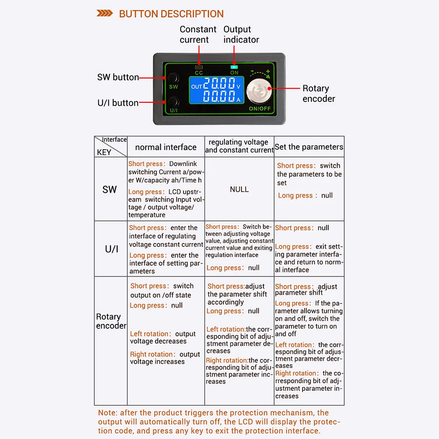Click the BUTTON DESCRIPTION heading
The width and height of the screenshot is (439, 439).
(x=171, y=14)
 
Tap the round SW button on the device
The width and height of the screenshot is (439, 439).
(x=173, y=79)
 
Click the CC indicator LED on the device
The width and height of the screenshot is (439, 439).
(x=199, y=68)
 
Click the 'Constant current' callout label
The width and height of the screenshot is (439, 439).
(x=198, y=34)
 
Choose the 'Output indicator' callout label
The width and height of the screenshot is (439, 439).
(x=241, y=34)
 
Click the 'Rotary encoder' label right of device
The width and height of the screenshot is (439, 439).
(x=318, y=94)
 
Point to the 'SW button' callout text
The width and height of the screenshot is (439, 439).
(x=118, y=77)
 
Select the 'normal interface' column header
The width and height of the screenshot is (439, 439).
(x=166, y=148)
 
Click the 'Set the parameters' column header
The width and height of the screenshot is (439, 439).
(x=309, y=147)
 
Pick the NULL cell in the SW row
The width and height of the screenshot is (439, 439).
(x=239, y=189)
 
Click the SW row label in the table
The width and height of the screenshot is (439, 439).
(x=110, y=189)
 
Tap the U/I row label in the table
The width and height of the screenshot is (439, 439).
(x=112, y=249)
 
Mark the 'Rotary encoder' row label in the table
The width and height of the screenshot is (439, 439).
(x=111, y=321)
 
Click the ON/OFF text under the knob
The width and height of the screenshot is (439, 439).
(x=260, y=108)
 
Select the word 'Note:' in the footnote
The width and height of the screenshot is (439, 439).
(x=108, y=413)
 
